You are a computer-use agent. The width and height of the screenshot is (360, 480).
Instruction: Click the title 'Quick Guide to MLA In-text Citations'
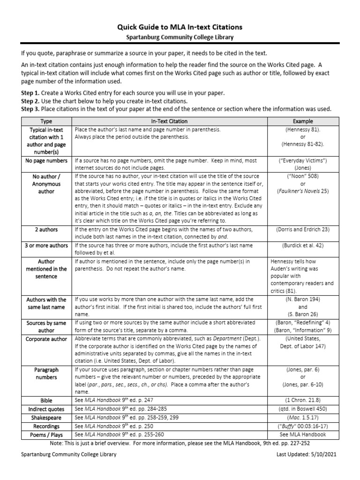tap(180, 28)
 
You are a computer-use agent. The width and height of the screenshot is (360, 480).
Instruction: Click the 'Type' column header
tap(46, 121)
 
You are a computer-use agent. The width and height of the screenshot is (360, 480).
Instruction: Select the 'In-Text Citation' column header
tap(169, 121)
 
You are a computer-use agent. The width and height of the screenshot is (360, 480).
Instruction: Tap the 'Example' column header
tap(302, 121)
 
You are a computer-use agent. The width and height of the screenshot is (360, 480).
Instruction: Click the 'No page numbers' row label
tap(46, 161)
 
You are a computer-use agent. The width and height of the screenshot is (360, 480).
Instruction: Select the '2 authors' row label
tap(46, 230)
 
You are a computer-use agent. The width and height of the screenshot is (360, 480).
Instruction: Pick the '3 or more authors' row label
tap(46, 246)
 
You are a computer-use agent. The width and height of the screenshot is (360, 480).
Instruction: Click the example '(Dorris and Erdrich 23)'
tap(302, 230)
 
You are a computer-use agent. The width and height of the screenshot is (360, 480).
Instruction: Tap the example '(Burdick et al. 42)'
tap(302, 246)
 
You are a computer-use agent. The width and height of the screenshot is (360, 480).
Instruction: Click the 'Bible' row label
tap(46, 401)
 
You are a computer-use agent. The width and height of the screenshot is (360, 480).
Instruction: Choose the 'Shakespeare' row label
tap(46, 418)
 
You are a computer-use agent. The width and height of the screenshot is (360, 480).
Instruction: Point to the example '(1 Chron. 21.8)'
tap(302, 401)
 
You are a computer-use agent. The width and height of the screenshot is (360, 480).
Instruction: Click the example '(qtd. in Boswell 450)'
tap(302, 409)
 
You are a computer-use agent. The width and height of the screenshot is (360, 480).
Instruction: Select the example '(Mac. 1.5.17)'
tap(302, 418)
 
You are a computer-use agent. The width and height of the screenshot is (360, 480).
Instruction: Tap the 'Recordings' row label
tap(46, 426)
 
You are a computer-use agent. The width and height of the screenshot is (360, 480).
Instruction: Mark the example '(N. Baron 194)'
tap(302, 299)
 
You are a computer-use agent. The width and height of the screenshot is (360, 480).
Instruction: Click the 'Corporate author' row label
tap(46, 339)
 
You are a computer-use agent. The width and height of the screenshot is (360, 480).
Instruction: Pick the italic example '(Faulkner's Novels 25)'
tap(302, 191)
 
